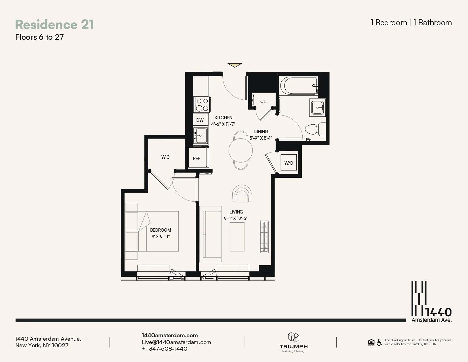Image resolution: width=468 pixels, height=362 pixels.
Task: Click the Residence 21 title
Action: [x=54, y=24]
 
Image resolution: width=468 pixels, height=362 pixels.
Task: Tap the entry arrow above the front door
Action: [x=235, y=65]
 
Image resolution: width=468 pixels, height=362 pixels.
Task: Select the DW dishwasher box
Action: [x=200, y=120]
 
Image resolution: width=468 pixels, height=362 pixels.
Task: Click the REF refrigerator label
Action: [x=197, y=158]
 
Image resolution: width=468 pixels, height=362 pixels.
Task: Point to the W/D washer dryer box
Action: [x=289, y=163]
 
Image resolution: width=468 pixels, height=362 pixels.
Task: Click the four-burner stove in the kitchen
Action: [x=202, y=104]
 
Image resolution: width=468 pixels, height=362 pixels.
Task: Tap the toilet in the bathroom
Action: [x=315, y=129]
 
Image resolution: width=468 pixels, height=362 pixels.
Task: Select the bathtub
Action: [x=299, y=85]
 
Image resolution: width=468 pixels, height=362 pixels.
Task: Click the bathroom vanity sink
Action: [x=317, y=108]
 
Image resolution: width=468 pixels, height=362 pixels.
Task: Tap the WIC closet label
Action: [x=165, y=157]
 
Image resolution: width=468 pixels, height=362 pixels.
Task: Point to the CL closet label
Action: [x=263, y=101]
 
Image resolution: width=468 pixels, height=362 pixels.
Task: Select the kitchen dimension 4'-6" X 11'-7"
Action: [x=223, y=124]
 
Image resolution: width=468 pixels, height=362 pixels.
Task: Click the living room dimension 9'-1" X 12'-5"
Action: [x=236, y=218]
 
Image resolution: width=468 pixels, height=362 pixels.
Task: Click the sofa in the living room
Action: [x=210, y=234]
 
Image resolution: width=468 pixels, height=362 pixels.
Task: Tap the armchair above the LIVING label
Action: [x=242, y=194]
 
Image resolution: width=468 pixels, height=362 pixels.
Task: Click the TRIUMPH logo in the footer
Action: [x=294, y=342]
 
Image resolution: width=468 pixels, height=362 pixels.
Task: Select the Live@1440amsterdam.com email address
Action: [x=176, y=342]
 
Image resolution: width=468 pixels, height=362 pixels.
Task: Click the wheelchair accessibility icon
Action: [x=379, y=342]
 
